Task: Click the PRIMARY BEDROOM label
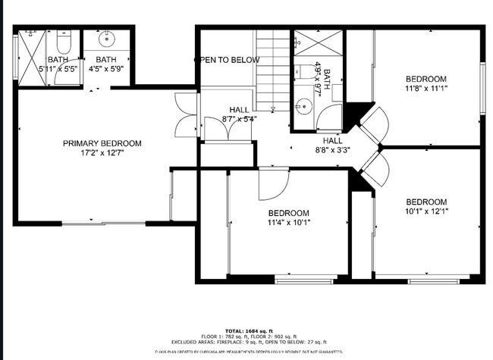click(102, 143)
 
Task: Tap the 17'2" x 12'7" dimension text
click(102, 153)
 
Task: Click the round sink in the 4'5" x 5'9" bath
click(106, 37)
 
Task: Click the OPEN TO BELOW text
click(227, 60)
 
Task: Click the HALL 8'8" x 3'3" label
click(332, 146)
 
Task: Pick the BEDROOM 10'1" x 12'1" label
click(425, 206)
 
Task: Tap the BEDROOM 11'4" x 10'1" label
click(288, 218)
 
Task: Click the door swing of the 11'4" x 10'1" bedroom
click(272, 182)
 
